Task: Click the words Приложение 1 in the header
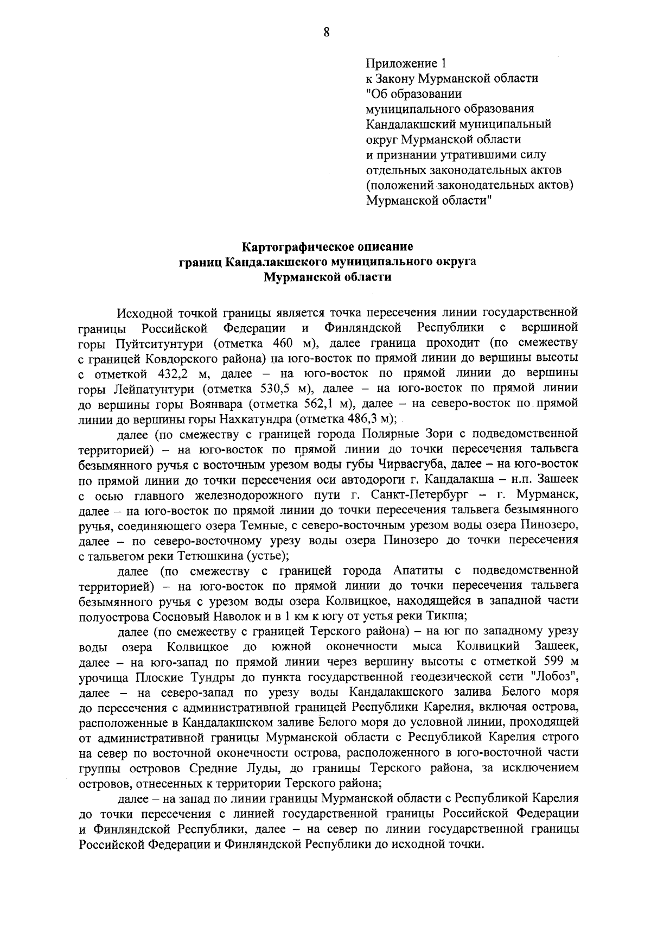pos(405,63)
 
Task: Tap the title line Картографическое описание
pos(328,247)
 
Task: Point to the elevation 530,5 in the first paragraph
pos(277,389)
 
